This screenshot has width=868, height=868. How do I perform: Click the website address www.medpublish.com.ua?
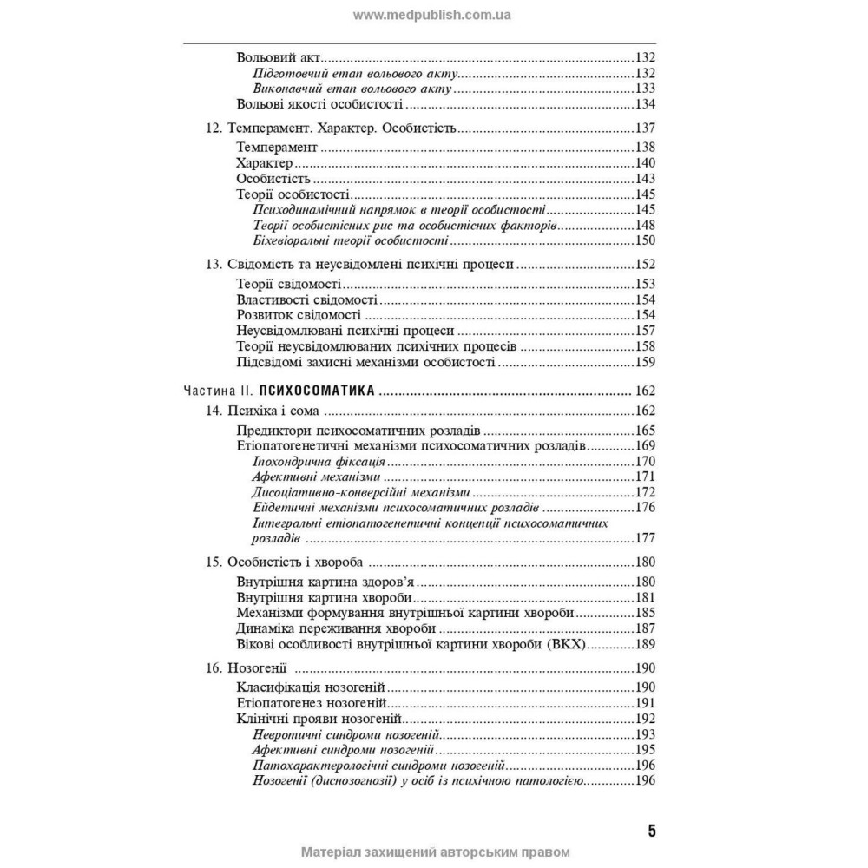tap(432, 15)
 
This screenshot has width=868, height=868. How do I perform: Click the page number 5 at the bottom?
tap(651, 830)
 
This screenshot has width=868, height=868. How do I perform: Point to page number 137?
tap(644, 128)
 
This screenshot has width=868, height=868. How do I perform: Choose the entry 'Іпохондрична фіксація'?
tap(320, 461)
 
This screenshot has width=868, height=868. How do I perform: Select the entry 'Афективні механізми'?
tap(316, 477)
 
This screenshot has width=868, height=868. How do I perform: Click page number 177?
tap(644, 538)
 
